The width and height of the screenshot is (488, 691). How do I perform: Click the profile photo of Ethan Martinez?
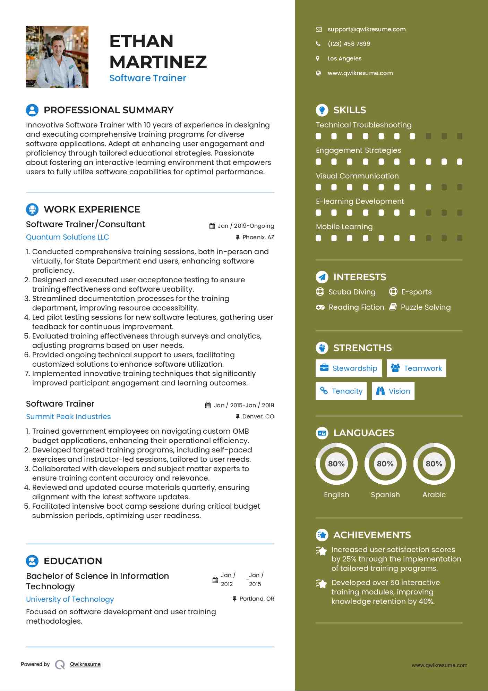point(57,57)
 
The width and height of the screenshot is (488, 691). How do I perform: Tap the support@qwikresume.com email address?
point(366,30)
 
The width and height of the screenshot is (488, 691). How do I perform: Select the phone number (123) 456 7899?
point(349,44)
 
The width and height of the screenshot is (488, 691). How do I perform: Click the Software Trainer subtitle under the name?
point(148,78)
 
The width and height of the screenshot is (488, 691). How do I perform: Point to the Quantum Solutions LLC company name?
point(68,237)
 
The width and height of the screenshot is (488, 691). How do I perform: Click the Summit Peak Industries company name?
point(68,417)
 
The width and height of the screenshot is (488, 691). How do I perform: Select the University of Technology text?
point(70,599)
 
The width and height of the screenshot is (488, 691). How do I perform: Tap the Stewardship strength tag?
point(349,368)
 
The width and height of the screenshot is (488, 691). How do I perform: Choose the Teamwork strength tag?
point(416,368)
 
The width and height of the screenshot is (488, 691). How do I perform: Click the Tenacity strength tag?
point(341,391)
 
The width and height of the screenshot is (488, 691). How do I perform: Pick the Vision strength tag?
point(393,391)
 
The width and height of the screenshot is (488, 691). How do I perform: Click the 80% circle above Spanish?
point(385,464)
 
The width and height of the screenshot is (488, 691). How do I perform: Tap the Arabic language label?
point(434,495)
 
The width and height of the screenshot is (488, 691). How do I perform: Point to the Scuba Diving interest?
point(352,292)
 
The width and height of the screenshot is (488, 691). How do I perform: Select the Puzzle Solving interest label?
point(426,307)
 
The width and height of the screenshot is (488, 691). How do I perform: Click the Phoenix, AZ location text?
point(258,238)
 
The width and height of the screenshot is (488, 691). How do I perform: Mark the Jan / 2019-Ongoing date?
point(246,226)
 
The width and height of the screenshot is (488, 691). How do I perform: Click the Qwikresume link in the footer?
point(85,664)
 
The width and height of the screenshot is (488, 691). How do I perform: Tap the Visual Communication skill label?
point(357,176)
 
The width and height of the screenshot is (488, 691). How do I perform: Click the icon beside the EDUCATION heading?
point(32,561)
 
